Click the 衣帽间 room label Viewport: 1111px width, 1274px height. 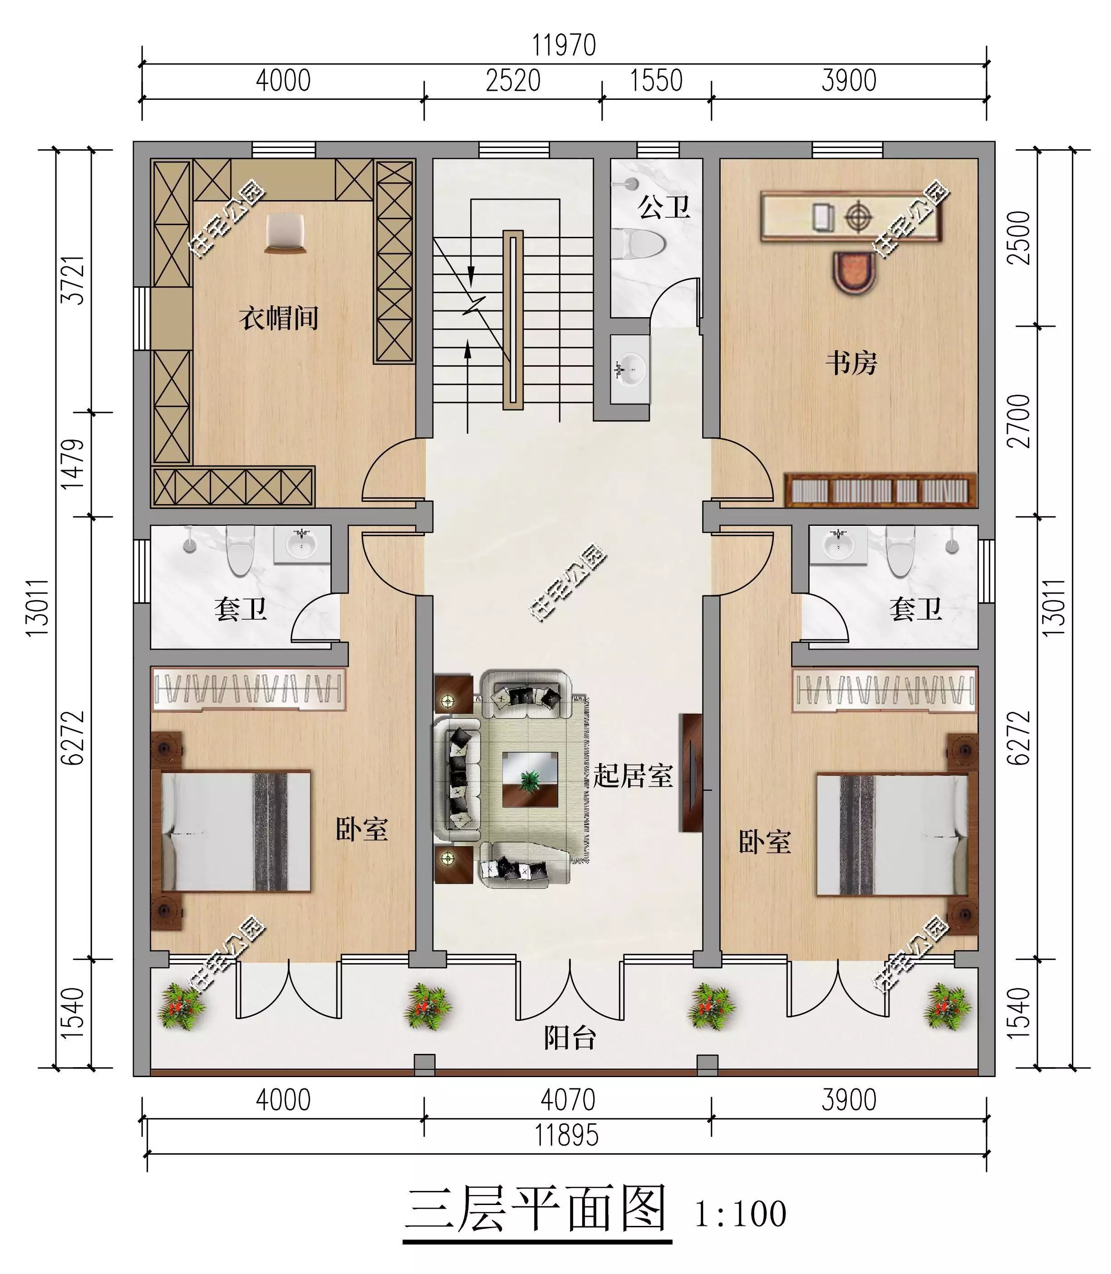[279, 318]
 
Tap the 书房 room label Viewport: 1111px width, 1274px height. [851, 363]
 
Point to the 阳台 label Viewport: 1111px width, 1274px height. [570, 1038]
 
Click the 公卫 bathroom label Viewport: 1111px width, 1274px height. [664, 206]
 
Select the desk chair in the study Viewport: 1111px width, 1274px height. [855, 273]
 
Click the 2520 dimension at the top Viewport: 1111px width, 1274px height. [513, 81]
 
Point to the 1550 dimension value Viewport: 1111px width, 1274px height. [656, 81]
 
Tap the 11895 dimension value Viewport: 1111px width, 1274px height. [567, 1136]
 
